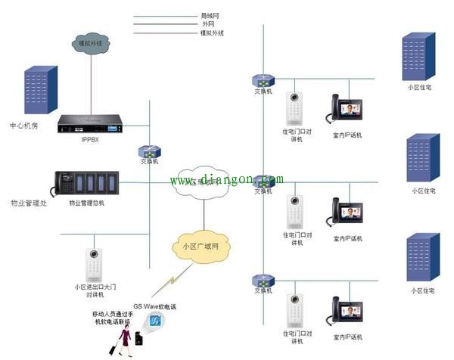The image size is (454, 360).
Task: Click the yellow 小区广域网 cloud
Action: click(x=200, y=245)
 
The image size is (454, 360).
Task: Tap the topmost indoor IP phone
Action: click(x=347, y=110)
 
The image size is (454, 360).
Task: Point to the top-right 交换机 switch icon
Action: click(x=263, y=81)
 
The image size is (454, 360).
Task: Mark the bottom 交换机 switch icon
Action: click(x=263, y=281)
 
